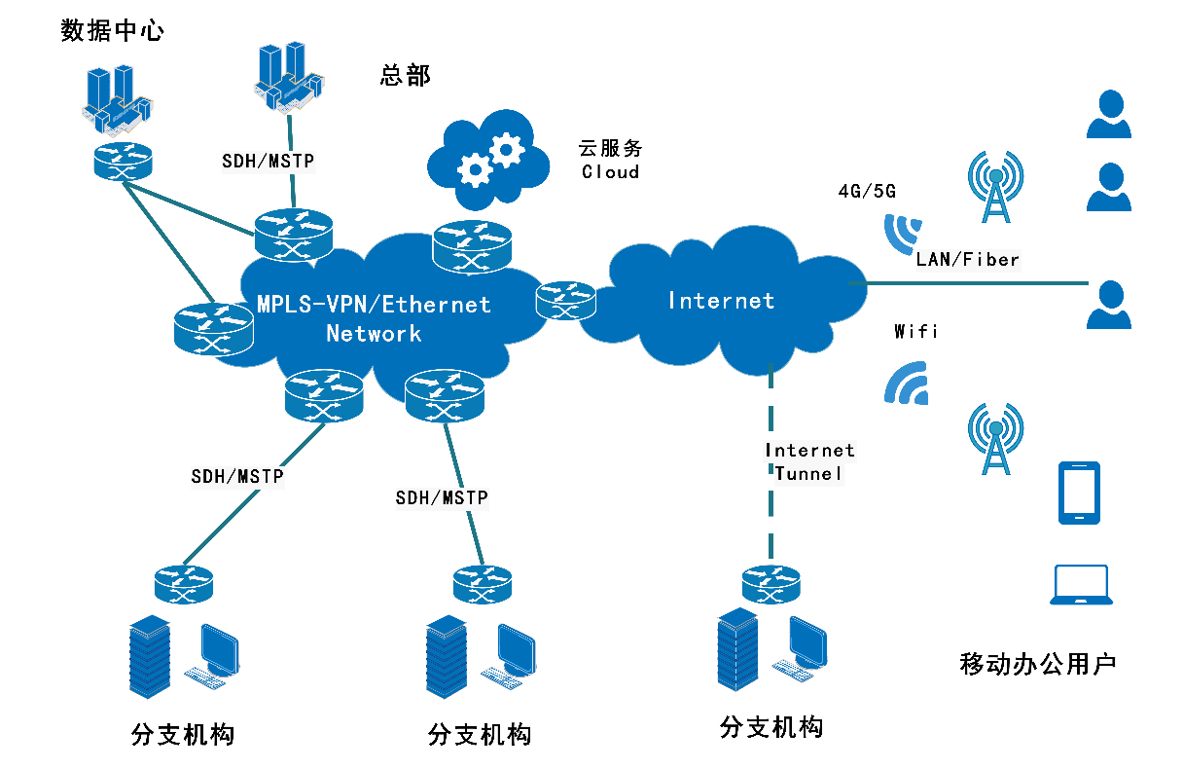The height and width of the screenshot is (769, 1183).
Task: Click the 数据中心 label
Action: pyautogui.click(x=112, y=30)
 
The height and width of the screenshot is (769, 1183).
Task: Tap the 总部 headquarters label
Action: pyautogui.click(x=405, y=75)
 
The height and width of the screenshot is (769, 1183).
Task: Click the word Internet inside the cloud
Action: pyautogui.click(x=721, y=301)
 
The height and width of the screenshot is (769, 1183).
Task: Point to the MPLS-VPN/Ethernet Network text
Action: pyautogui.click(x=374, y=318)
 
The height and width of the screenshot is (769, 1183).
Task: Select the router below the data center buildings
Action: pyautogui.click(x=124, y=161)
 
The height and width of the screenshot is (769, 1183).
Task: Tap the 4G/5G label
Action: pyautogui.click(x=867, y=191)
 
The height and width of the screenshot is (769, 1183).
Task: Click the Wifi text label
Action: pyautogui.click(x=915, y=332)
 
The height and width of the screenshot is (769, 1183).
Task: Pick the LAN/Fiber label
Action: pyautogui.click(x=967, y=260)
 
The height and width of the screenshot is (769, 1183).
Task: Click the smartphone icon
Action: pyautogui.click(x=1079, y=494)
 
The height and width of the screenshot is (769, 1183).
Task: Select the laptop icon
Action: pyautogui.click(x=1081, y=586)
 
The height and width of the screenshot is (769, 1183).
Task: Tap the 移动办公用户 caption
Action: pyautogui.click(x=1037, y=665)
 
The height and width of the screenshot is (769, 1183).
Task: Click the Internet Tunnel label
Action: pyautogui.click(x=809, y=461)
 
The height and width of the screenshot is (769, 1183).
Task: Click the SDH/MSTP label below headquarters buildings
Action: pyautogui.click(x=269, y=161)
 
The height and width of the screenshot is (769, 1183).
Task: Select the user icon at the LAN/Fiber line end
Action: pyautogui.click(x=1108, y=305)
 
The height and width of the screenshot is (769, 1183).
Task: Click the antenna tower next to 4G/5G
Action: pyautogui.click(x=995, y=185)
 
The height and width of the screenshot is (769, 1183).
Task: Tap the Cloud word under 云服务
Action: pyautogui.click(x=610, y=172)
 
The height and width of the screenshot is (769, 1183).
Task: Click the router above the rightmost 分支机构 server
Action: pyautogui.click(x=771, y=584)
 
